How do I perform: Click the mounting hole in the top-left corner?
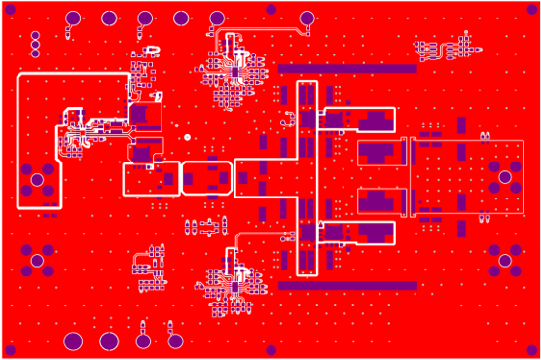click(10, 10)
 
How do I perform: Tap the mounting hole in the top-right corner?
click(530, 10)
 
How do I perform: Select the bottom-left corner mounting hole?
click(10, 350)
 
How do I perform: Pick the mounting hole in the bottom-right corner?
click(530, 350)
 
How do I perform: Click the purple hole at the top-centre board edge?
click(270, 9)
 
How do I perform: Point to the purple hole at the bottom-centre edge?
click(270, 350)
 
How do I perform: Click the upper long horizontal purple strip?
click(347, 69)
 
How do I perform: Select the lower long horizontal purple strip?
click(347, 286)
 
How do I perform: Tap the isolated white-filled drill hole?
click(187, 137)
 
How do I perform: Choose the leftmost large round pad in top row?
click(73, 18)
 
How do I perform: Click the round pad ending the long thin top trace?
click(307, 18)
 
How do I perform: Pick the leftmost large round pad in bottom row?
click(73, 341)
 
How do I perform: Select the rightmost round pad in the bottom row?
click(175, 341)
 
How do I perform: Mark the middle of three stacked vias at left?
click(35, 44)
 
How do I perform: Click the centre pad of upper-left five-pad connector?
click(37, 179)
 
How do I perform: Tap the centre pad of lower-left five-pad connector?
click(37, 260)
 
